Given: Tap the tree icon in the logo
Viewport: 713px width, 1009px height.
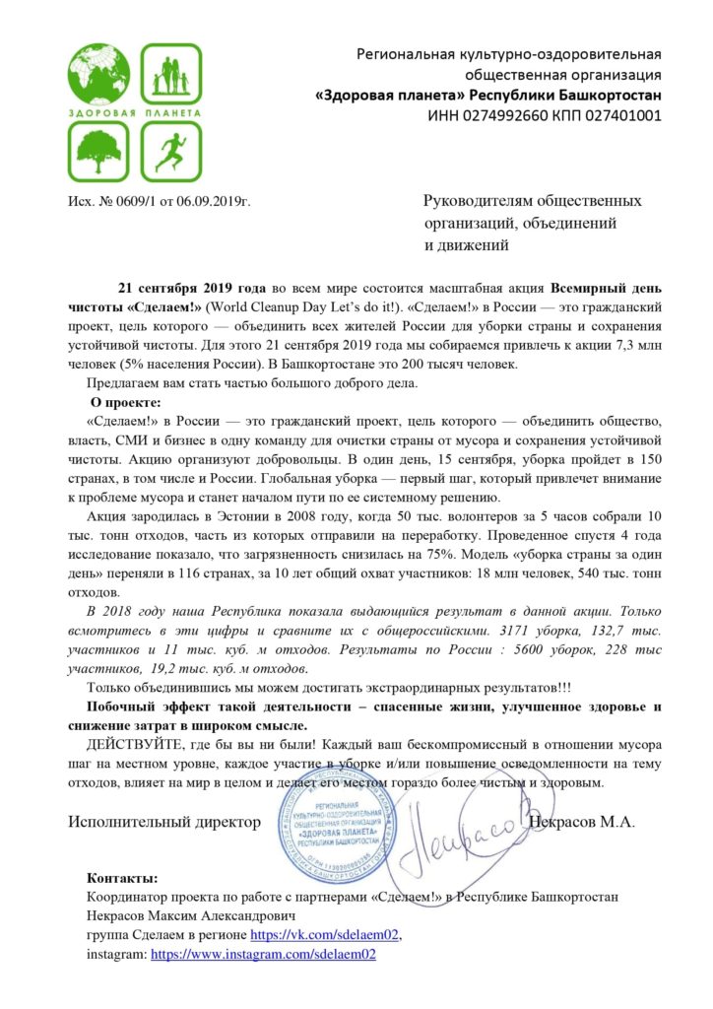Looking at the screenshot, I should point(98,150).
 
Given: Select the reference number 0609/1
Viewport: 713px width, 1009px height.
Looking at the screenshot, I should point(136,202).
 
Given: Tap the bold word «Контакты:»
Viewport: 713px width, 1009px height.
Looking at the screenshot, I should point(121,877).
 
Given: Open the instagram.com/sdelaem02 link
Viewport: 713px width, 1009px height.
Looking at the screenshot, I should point(263,954).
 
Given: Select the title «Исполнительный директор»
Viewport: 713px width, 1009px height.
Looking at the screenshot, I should point(165,820).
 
